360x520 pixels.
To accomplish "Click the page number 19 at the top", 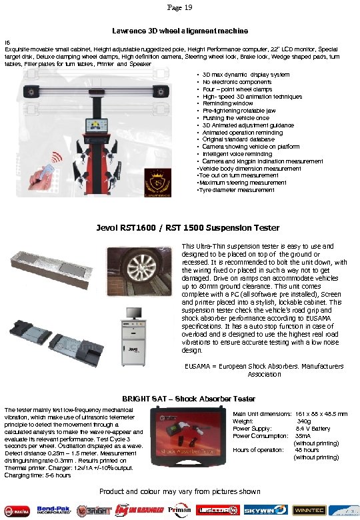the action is [x=179, y=7].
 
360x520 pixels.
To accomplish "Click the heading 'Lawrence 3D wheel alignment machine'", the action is [x=179, y=31].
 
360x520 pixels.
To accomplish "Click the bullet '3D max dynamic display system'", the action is [x=245, y=75].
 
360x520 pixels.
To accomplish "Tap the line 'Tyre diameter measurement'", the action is [x=237, y=190].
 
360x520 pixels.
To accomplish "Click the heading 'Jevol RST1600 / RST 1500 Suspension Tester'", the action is [x=179, y=228].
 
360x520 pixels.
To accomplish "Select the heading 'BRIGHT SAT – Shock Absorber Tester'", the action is [x=179, y=399].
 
